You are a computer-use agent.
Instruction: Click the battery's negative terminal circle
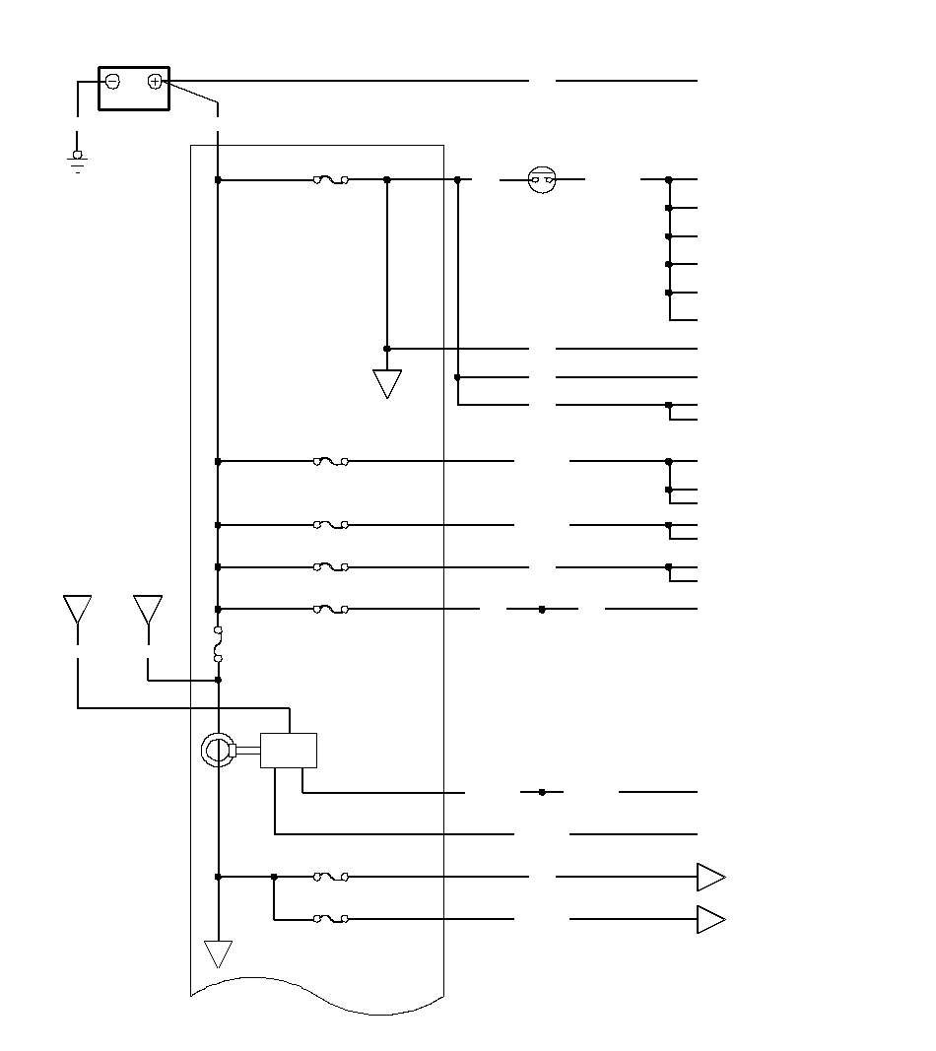(x=112, y=82)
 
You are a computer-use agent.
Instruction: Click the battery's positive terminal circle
(x=155, y=82)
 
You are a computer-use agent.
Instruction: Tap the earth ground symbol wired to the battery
(x=77, y=160)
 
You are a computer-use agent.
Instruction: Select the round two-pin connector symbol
(x=542, y=180)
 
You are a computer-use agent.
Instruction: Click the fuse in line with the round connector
(x=331, y=180)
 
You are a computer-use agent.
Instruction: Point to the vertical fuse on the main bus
(x=218, y=644)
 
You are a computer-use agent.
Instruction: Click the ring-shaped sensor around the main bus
(x=216, y=751)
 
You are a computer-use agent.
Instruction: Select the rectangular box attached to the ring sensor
(x=289, y=751)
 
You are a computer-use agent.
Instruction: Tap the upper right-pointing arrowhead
(x=710, y=877)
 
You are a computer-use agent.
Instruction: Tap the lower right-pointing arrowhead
(x=710, y=920)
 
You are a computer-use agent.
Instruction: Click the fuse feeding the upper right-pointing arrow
(x=331, y=877)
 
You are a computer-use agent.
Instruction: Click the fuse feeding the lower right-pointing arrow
(x=331, y=920)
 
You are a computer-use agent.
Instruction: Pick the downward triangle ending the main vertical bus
(x=218, y=952)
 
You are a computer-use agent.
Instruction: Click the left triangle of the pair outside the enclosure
(x=78, y=609)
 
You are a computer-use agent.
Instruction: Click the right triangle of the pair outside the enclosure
(x=148, y=609)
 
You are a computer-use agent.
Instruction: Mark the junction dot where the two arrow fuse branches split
(x=274, y=877)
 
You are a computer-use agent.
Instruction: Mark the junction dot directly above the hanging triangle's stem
(x=387, y=349)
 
